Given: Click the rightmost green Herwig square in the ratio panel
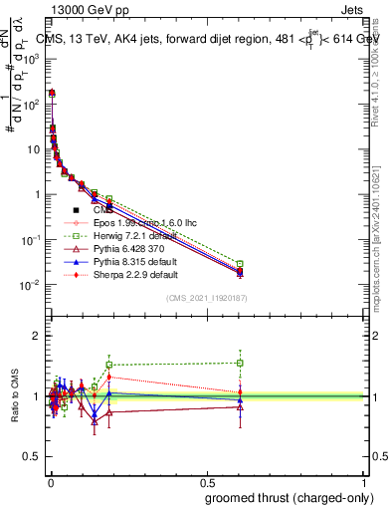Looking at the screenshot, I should (240, 363).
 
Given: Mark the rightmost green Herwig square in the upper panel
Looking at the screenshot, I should (240, 264).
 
